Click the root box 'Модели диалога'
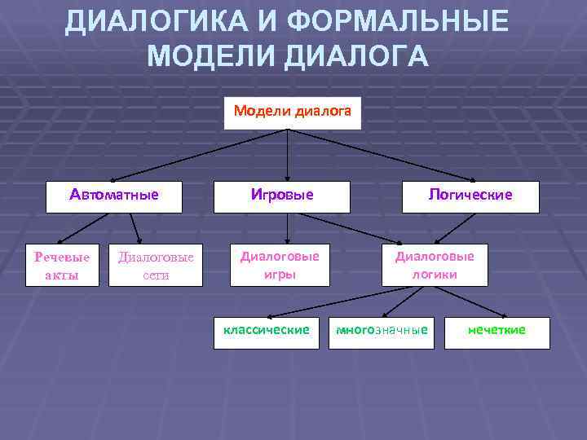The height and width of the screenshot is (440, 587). coord(292,113)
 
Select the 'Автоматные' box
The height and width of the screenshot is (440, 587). coord(113,196)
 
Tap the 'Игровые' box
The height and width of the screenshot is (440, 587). coord(281,196)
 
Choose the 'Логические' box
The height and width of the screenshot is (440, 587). coord(470,196)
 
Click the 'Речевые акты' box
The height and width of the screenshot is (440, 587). coord(62,266)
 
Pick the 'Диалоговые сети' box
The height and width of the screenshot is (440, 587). coord(156,266)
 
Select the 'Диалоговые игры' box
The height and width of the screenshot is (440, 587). coord(279,265)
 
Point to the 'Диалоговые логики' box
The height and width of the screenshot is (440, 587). coord(435,265)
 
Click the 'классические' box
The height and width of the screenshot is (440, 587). coord(267,331)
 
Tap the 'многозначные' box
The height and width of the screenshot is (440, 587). coord(382,331)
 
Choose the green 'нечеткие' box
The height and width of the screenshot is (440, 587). coord(497,331)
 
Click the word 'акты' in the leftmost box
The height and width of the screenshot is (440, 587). coord(62,275)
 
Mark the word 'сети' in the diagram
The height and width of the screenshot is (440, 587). coord(156,275)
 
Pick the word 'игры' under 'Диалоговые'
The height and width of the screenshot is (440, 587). coord(279,275)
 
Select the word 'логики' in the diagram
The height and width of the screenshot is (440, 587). coord(435,275)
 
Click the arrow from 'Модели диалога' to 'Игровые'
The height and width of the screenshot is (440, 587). coord(287,155)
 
